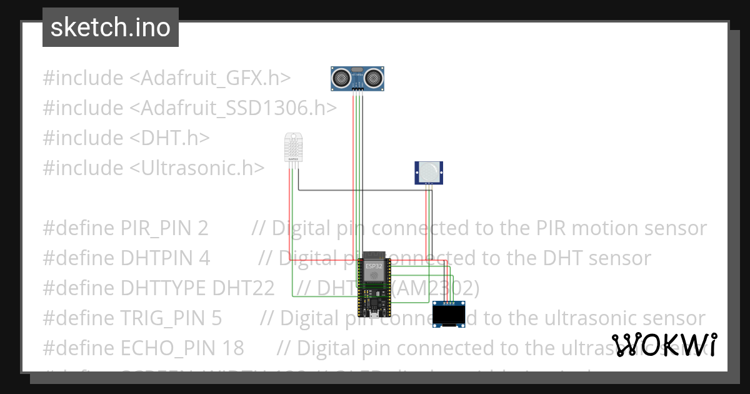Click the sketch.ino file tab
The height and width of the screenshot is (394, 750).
pos(111,28)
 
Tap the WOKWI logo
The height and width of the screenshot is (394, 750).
pos(664,345)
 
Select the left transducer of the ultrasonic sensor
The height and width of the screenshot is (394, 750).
pos(341,78)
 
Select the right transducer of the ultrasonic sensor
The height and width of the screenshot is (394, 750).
pos(373,78)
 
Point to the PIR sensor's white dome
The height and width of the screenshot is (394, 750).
pos(429,170)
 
